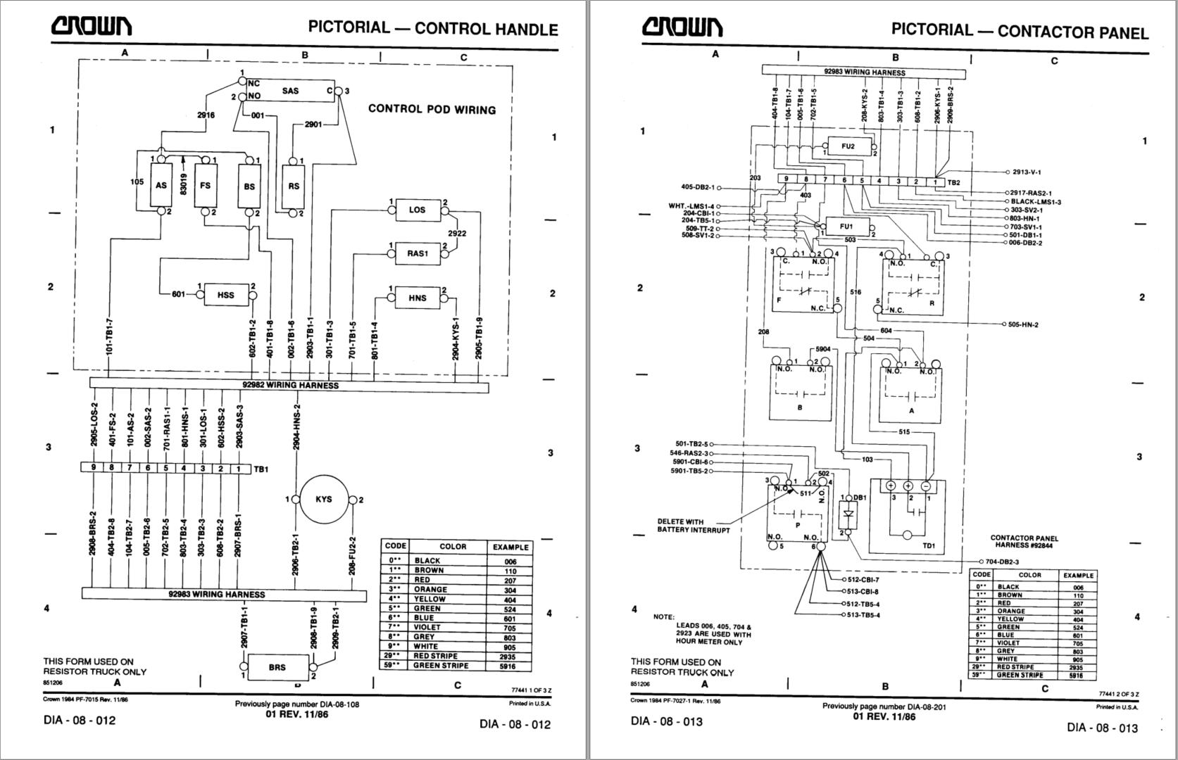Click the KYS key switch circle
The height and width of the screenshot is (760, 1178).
coord(324,500)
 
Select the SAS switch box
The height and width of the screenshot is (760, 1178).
coord(291,91)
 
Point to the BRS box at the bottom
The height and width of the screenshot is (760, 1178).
coord(277,667)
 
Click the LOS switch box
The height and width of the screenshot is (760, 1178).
coord(417,210)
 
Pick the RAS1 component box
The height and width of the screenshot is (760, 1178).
coord(417,253)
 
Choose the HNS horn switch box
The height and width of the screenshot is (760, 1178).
coord(417,298)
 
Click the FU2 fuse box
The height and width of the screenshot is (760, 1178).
coord(848,146)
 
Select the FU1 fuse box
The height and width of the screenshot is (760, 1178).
coord(846,227)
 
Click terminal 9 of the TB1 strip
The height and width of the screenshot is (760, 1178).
coord(93,468)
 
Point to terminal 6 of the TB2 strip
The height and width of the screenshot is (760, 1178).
coord(844,181)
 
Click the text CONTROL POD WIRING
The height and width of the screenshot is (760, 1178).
coord(432,109)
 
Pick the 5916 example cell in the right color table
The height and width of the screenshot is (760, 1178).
coord(1077,675)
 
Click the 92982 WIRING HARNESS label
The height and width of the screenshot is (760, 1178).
coord(290,386)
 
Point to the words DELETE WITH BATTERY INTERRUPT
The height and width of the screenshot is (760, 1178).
coord(694,526)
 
